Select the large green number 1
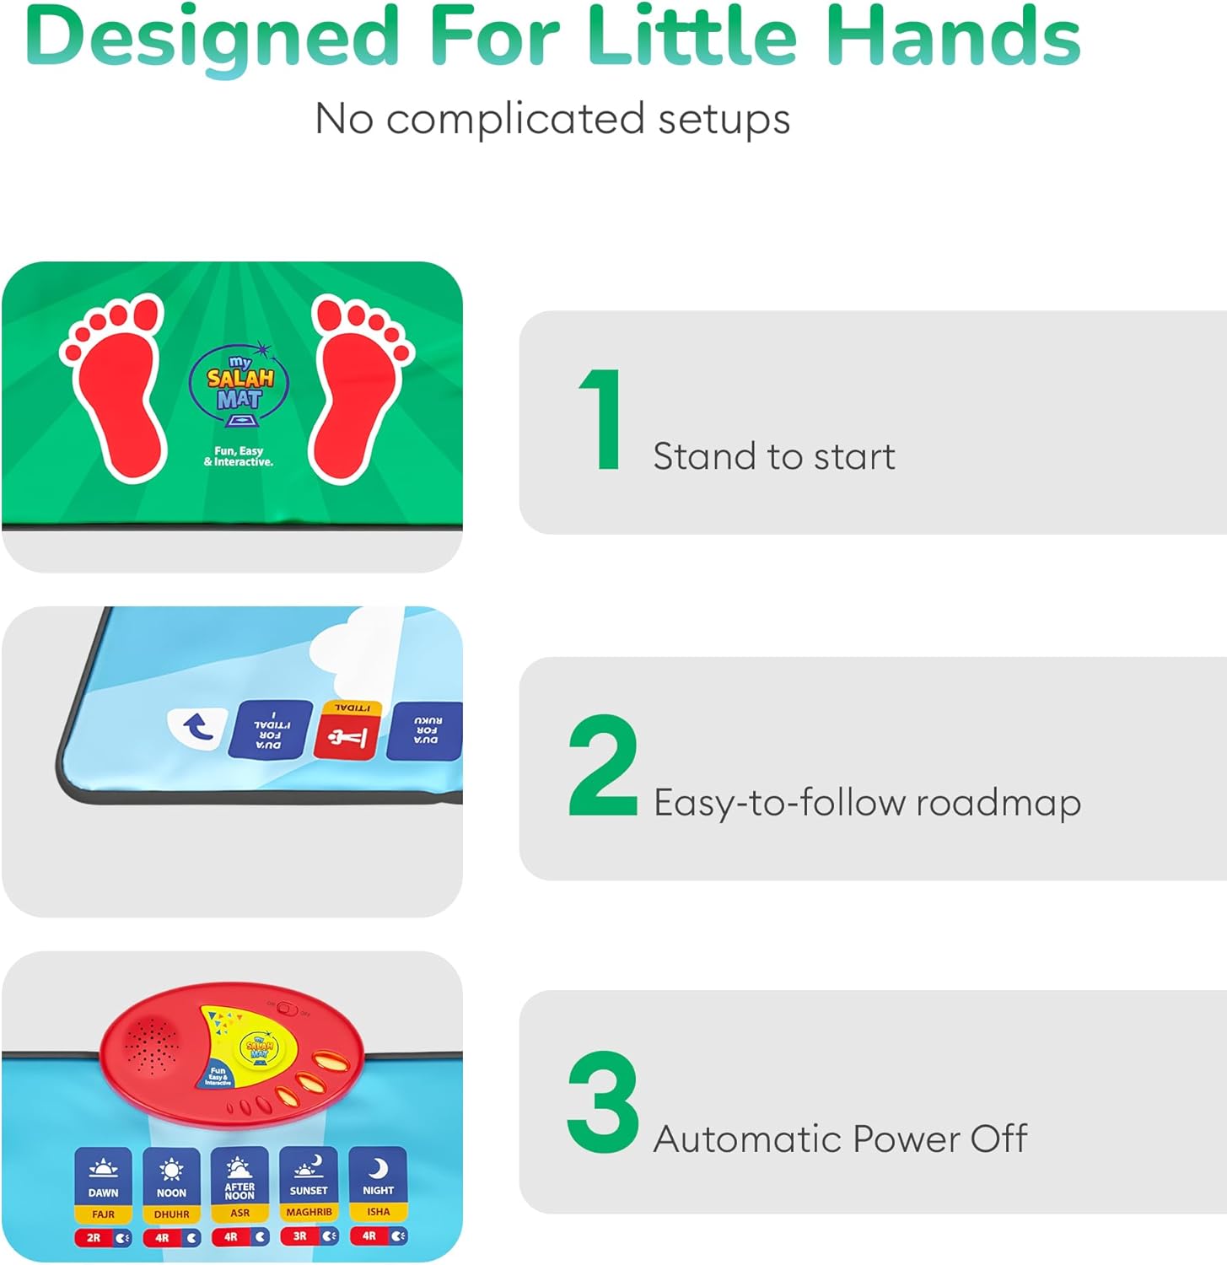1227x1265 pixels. [602, 419]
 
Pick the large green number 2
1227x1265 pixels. [602, 765]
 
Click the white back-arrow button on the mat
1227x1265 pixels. [197, 727]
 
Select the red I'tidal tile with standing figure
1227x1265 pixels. [347, 730]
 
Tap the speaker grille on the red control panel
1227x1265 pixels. [152, 1046]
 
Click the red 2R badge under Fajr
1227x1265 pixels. [94, 1238]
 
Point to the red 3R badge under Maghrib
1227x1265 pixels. [299, 1236]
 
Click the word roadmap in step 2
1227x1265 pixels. [998, 803]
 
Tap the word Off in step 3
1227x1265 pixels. [998, 1138]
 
